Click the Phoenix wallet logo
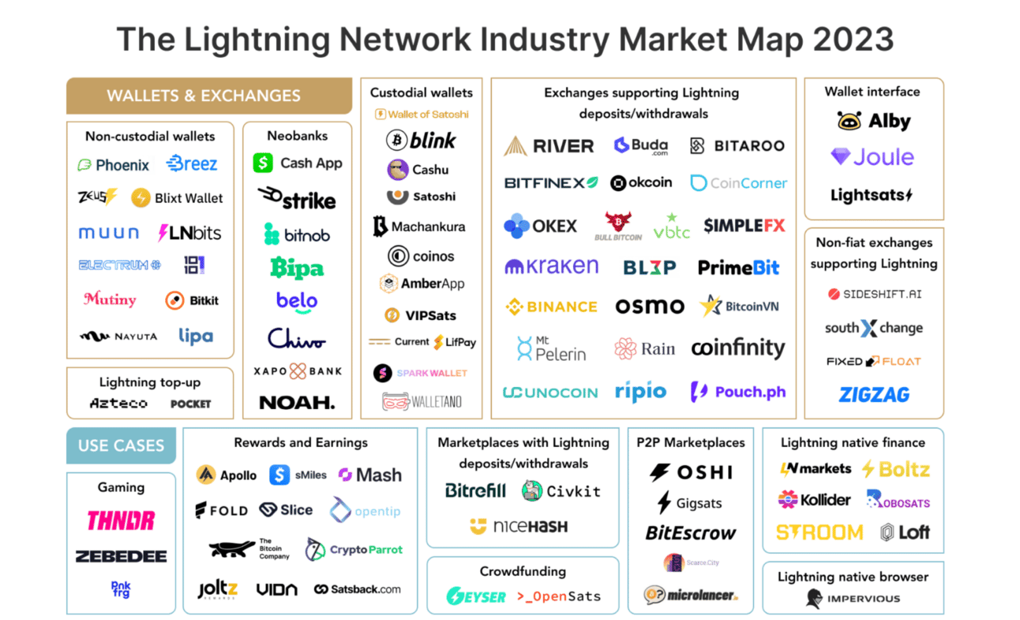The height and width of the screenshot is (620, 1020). (x=114, y=165)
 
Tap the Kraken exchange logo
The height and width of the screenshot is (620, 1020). (x=552, y=266)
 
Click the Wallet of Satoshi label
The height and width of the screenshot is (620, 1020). (x=421, y=115)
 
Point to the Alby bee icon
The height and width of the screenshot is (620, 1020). (x=849, y=121)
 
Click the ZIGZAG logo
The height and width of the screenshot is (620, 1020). (x=874, y=394)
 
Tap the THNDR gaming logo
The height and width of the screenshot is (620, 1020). (x=121, y=520)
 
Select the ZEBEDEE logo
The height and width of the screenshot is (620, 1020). (x=121, y=556)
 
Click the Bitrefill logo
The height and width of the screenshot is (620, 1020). (x=475, y=490)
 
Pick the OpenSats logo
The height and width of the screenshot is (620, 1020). (x=558, y=596)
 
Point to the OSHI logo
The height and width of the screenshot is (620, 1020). (x=691, y=472)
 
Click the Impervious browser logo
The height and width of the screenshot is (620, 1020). (x=853, y=599)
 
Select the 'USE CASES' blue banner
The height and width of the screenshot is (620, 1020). (x=121, y=445)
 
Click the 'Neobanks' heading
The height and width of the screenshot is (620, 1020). (x=297, y=136)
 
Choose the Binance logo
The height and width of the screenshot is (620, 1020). (x=551, y=306)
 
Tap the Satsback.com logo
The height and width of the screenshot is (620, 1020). (x=357, y=589)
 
